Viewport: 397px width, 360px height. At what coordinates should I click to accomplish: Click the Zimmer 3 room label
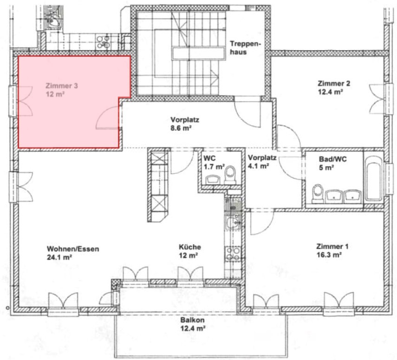(x=62, y=85)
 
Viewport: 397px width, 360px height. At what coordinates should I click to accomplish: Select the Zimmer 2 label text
(x=334, y=83)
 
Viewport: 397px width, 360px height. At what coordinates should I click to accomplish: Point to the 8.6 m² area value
(x=181, y=128)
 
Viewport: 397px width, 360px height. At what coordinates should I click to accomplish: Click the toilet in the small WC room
(x=230, y=175)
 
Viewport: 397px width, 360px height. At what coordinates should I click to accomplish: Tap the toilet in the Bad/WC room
(x=318, y=194)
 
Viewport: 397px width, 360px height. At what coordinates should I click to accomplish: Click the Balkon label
(x=192, y=320)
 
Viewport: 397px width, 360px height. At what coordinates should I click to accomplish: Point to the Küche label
(x=190, y=247)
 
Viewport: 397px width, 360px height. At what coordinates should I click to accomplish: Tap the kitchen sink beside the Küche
(x=233, y=222)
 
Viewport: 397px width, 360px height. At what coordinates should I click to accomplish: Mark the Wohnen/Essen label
(x=73, y=249)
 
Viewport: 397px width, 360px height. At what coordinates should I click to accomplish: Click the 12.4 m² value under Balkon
(x=192, y=329)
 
